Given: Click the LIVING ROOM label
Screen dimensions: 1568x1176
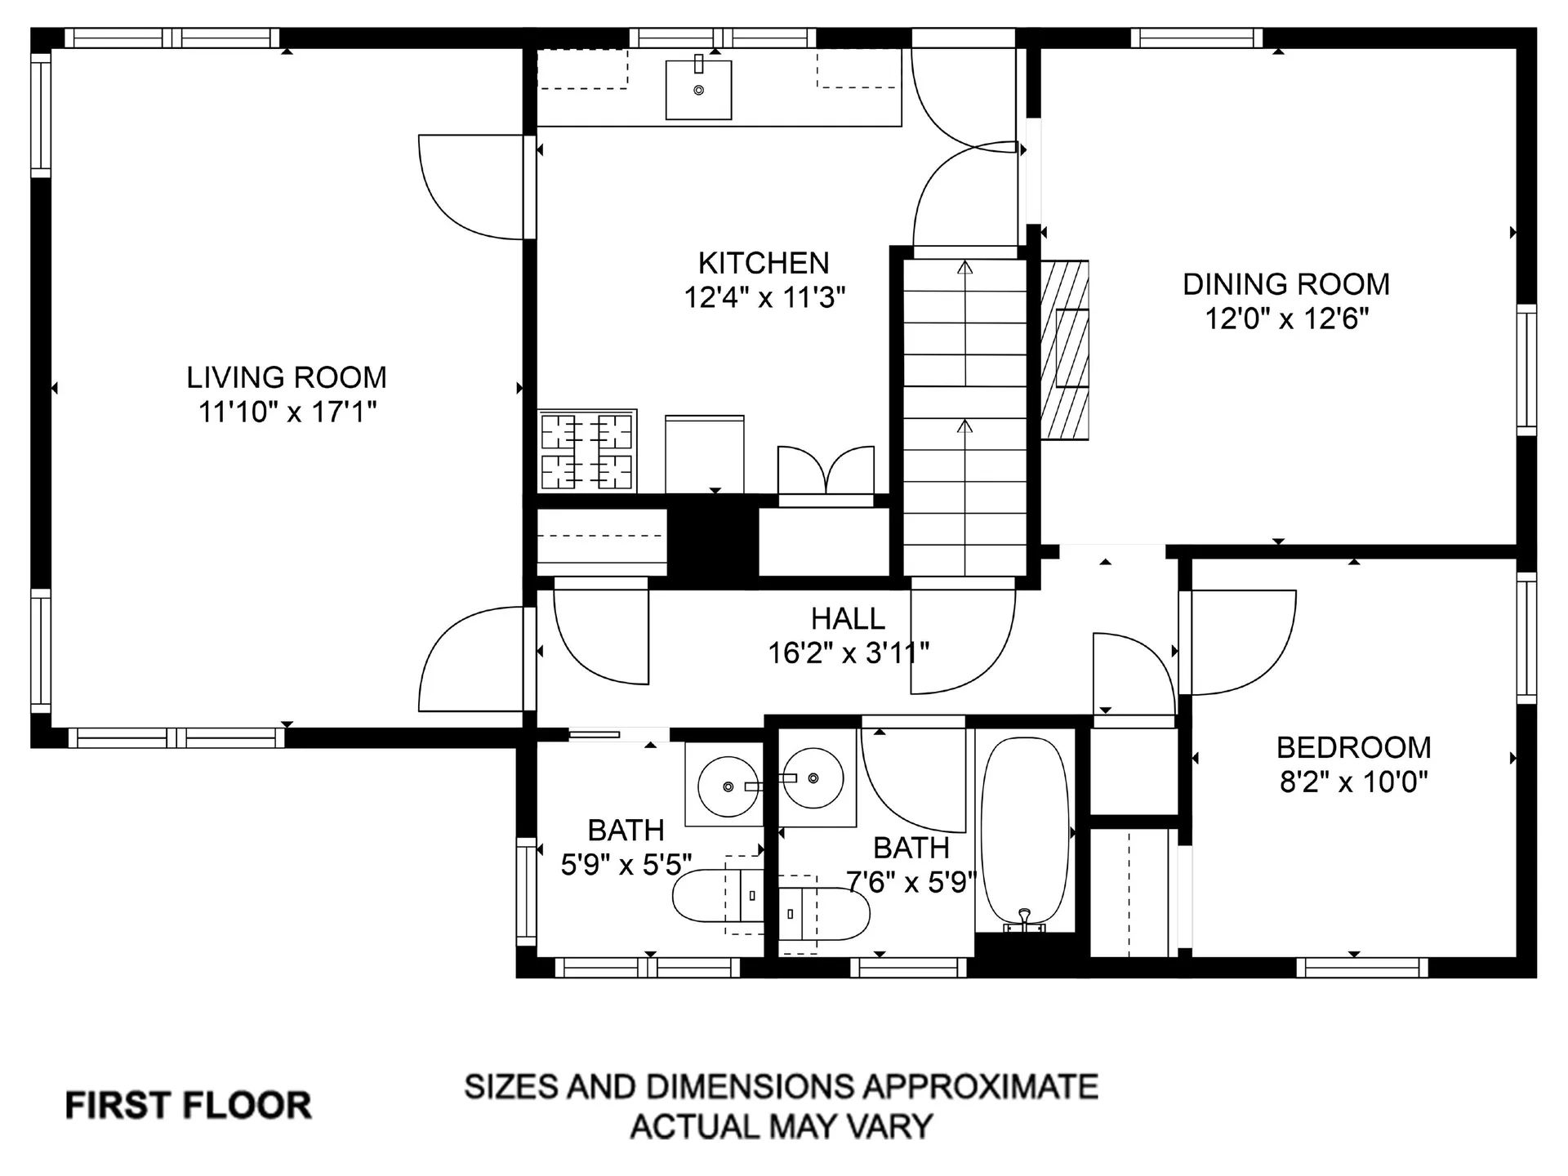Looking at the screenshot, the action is pos(287,377).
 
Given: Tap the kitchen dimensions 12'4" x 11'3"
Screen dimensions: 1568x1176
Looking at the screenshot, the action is pos(764,297).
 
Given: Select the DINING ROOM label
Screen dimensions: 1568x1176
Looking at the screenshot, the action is pos(1286,284).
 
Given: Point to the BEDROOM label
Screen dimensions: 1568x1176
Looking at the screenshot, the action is pos(1353,747).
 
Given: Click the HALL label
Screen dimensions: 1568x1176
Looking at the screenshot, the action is pos(848,618).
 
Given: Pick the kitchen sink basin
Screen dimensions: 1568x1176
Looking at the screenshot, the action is pos(698,89).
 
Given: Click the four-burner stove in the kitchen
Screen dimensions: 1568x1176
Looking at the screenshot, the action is pos(586,451).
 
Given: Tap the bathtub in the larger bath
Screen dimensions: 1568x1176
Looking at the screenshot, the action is pos(1025,835).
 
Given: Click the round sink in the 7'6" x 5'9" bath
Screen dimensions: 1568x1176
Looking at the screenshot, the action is pos(813,778).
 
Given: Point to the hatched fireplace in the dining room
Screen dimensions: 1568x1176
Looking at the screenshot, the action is pos(1065,350).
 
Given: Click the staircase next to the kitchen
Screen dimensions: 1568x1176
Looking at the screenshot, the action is pos(964,417).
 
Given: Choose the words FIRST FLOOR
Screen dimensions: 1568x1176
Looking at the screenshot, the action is pos(189,1106).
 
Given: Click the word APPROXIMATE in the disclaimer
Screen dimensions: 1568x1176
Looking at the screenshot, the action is pos(981,1087).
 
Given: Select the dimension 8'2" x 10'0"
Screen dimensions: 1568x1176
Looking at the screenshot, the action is pos(1353,782).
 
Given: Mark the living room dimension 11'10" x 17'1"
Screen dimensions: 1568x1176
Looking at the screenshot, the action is pos(287,412).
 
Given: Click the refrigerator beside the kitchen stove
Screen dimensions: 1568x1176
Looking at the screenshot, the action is pos(705,454).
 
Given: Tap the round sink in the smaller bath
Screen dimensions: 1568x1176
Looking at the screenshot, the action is pos(728,786).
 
